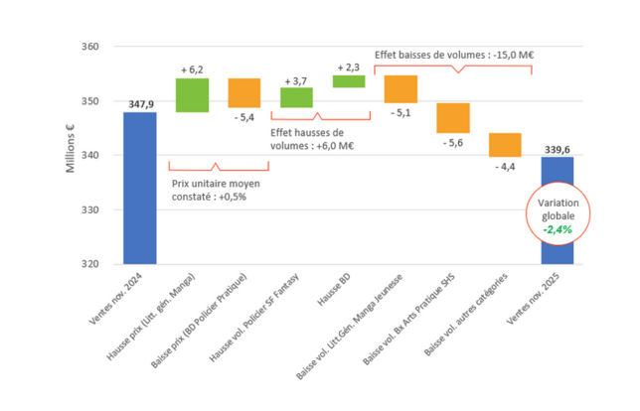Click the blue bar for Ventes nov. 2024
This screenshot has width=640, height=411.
pos(140,188)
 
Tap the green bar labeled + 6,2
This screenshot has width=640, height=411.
pos(192,95)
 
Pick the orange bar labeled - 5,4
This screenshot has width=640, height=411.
pos(244,92)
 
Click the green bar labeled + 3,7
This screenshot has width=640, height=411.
pos(296,97)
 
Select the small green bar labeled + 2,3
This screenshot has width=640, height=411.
pos(348,81)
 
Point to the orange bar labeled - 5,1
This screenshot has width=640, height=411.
pos(400,89)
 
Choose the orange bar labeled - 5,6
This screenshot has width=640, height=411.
pos(452,118)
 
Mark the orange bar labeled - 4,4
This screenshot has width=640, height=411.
pos(505,145)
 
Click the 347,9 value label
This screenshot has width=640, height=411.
pos(140,103)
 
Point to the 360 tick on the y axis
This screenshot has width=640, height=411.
pos(88,47)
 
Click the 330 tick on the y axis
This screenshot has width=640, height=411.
pos(88,210)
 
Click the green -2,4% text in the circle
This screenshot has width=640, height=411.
pos(557,229)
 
